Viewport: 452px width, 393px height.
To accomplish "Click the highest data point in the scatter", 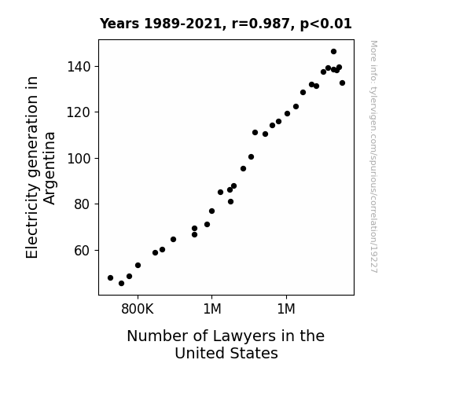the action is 333,52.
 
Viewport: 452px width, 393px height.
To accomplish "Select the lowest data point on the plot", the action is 121,284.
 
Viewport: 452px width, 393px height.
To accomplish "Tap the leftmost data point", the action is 110,278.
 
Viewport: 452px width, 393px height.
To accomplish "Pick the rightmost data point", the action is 342,83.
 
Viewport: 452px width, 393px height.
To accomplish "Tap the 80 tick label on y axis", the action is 83,204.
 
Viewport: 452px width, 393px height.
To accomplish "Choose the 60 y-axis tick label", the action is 83,251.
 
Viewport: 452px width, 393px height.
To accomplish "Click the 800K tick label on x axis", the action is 138,309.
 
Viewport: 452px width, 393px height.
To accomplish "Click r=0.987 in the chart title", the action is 261,24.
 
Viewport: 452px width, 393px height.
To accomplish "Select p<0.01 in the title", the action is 326,24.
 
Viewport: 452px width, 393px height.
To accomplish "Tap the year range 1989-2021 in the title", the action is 182,24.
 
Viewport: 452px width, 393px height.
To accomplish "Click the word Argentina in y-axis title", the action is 50,168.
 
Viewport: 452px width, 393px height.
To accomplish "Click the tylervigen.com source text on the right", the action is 373,156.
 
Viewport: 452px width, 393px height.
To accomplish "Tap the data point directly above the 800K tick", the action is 138,265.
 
